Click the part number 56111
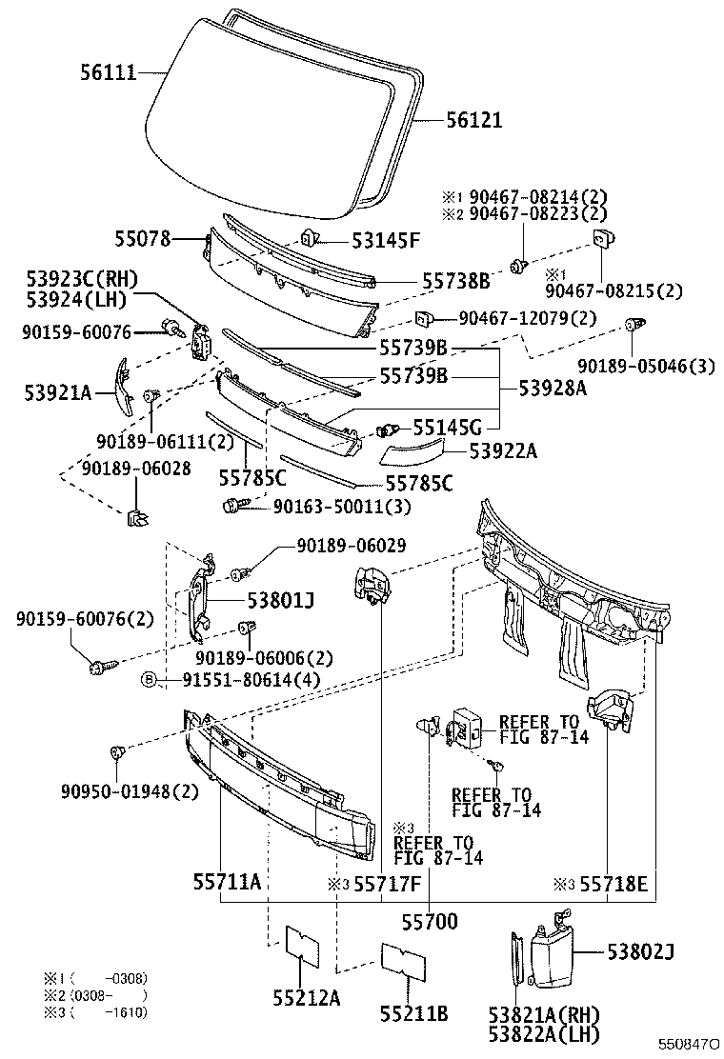108,71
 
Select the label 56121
473,121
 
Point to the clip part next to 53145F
310,238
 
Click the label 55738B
455,281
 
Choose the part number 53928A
552,388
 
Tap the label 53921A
57,392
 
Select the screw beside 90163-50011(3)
234,506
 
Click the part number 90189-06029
352,546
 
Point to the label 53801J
281,601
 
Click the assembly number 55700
429,921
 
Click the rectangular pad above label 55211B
401,959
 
